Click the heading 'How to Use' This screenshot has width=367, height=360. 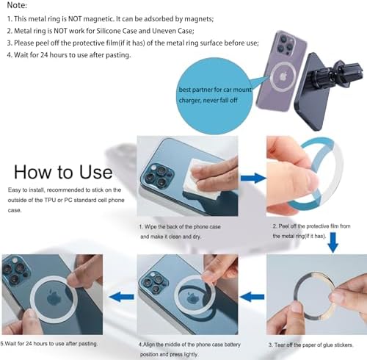[x=63, y=172]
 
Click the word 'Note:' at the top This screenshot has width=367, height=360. [x=17, y=5]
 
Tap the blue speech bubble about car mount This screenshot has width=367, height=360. [x=215, y=96]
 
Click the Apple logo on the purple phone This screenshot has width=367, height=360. [x=283, y=76]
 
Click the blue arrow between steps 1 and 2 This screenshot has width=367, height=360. [x=252, y=178]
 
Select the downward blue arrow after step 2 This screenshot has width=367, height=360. [x=333, y=242]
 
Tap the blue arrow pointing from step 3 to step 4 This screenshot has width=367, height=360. [x=252, y=297]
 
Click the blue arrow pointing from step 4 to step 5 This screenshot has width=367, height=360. [x=121, y=297]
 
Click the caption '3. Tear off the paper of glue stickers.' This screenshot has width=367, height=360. [x=310, y=345]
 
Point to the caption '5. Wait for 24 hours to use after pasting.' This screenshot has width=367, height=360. [x=49, y=344]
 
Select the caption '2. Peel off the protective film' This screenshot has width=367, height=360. [x=311, y=226]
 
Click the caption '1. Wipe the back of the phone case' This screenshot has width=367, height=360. [x=180, y=227]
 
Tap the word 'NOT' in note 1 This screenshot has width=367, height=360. [x=75, y=19]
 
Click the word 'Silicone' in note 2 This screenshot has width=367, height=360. [x=109, y=31]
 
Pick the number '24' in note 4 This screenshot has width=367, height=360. [x=44, y=55]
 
